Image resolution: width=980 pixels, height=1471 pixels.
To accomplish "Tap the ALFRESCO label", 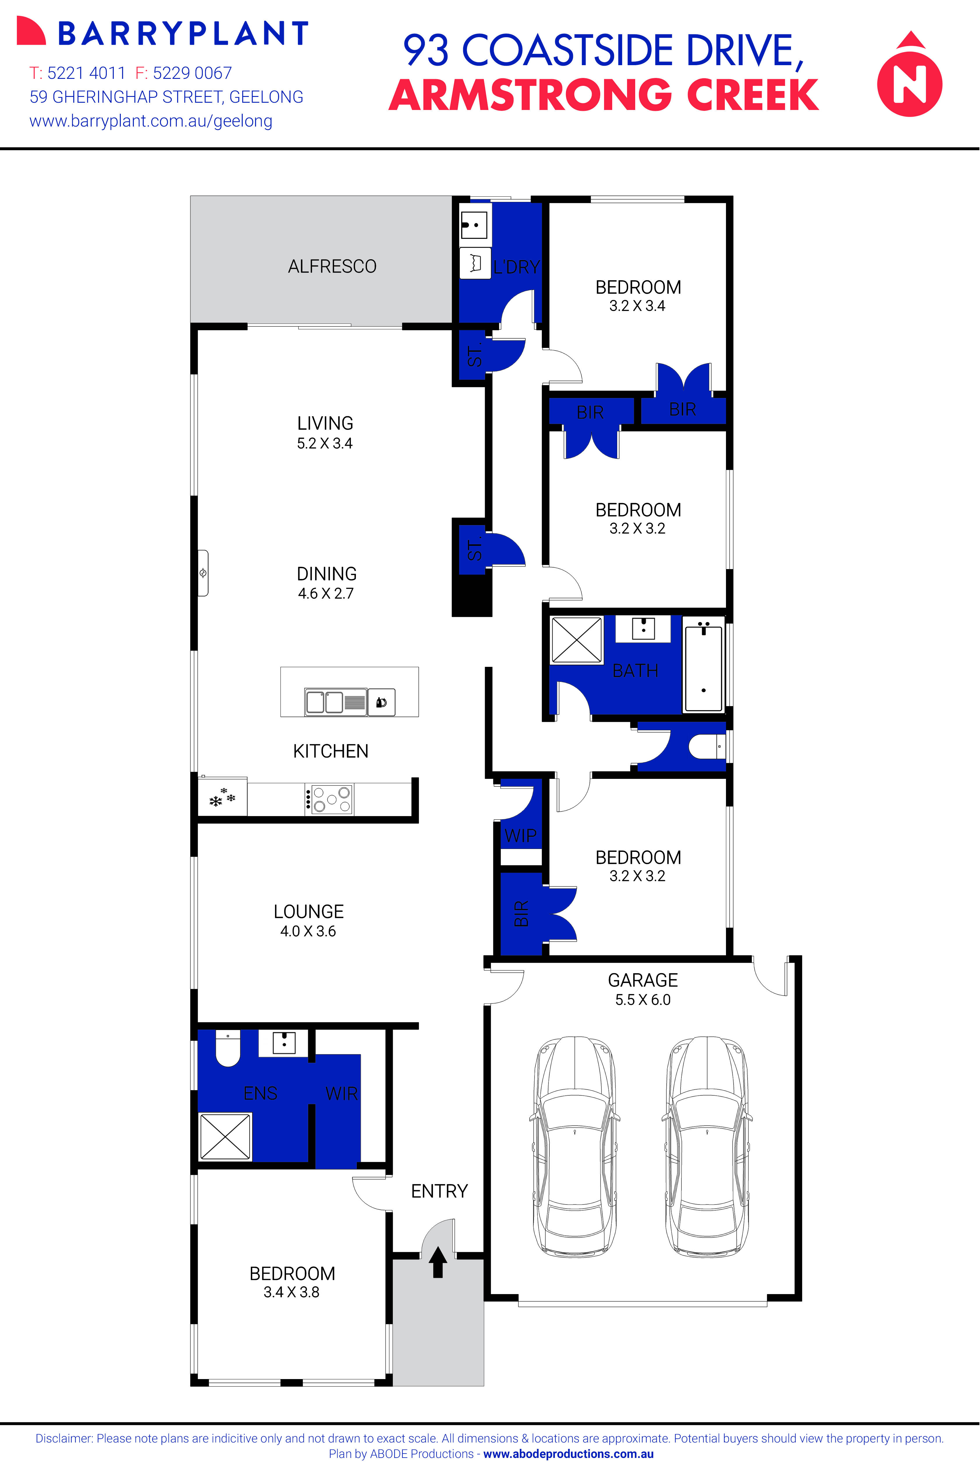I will [332, 267].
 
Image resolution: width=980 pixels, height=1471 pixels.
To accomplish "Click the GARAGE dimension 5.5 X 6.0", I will [642, 1000].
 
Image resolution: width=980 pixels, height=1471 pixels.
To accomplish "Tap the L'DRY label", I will [516, 267].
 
